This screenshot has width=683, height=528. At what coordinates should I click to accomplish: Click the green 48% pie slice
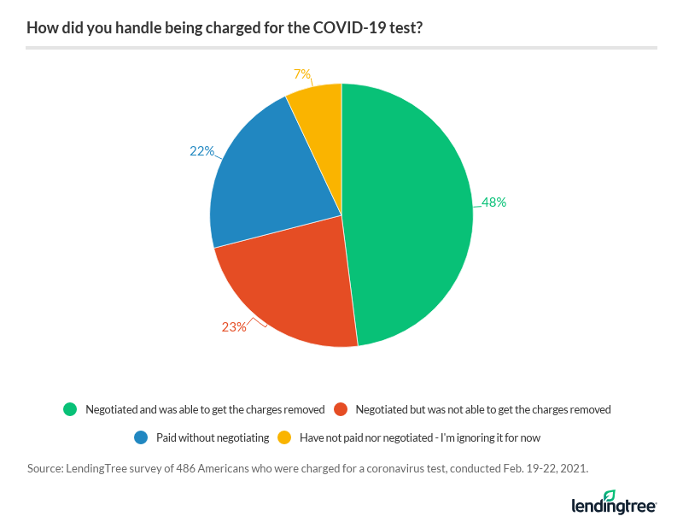pyautogui.click(x=410, y=214)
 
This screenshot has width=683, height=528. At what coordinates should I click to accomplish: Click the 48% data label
pyautogui.click(x=493, y=202)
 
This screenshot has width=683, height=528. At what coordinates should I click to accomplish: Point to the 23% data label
pyautogui.click(x=234, y=326)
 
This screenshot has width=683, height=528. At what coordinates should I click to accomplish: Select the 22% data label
pyautogui.click(x=201, y=151)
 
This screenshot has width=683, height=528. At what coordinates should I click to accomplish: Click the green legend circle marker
pyautogui.click(x=70, y=409)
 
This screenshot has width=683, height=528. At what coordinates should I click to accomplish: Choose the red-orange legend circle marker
pyautogui.click(x=341, y=409)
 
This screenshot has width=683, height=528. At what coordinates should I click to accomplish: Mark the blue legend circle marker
pyautogui.click(x=141, y=437)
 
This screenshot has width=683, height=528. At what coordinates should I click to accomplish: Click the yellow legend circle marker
pyautogui.click(x=284, y=437)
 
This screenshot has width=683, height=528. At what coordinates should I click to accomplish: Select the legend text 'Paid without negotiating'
pyautogui.click(x=213, y=437)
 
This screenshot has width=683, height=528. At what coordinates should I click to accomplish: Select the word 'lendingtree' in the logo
pyautogui.click(x=613, y=507)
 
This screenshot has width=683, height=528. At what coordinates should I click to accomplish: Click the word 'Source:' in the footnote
pyautogui.click(x=46, y=468)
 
